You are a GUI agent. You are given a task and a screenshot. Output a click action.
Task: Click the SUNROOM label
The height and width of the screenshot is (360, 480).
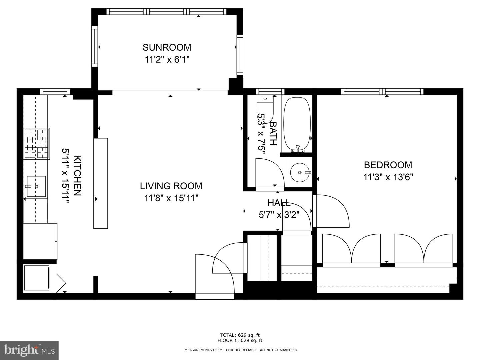[167, 47]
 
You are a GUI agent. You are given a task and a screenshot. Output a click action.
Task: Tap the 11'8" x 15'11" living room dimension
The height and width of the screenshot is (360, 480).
[171, 198]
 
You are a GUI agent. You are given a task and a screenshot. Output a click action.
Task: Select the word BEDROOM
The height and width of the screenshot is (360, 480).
[388, 165]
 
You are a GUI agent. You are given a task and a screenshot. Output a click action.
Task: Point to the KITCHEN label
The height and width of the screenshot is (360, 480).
[77, 176]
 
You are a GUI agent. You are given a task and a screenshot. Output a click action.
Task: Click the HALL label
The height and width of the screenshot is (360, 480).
[279, 203]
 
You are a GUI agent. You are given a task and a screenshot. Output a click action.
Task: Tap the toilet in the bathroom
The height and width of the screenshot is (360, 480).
[265, 109]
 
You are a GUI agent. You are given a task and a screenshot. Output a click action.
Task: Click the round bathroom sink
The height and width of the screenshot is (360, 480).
[300, 172]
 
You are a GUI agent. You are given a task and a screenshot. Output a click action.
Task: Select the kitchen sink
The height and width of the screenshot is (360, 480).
[36, 186]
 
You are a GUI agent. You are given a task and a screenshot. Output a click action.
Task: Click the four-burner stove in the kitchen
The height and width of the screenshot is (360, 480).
[37, 144]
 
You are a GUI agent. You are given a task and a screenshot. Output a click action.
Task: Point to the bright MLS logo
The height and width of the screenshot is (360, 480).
[29, 350]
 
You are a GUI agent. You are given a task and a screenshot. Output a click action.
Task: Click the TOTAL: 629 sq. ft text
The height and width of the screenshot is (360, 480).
[240, 335]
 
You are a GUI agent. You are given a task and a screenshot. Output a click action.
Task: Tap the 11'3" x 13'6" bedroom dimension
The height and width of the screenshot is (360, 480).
[388, 177]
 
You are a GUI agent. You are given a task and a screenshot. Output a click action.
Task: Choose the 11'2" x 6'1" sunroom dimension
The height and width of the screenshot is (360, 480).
[167, 59]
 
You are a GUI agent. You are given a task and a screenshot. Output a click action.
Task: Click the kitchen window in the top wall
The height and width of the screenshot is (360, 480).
[55, 91]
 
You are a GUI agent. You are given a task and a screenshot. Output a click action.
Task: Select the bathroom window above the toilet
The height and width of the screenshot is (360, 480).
[270, 91]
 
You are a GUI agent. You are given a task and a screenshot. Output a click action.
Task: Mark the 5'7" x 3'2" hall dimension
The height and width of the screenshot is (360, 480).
[279, 215]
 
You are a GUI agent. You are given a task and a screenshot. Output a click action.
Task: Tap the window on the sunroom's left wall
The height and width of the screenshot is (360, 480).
[94, 46]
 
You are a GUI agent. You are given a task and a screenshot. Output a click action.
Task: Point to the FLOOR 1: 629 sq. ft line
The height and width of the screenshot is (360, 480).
[240, 341]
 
